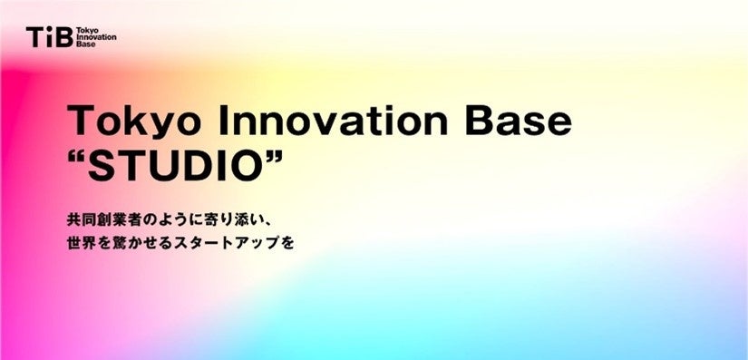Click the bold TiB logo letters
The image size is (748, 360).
(x=50, y=36)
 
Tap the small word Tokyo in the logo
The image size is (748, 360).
(x=84, y=31)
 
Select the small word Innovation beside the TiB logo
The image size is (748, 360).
(x=96, y=37)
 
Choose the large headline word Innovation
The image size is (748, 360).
(x=333, y=121)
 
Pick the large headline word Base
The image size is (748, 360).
(x=518, y=121)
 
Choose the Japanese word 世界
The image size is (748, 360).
(x=82, y=244)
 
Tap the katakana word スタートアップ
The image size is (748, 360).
(x=227, y=244)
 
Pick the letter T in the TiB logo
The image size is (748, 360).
(x=35, y=37)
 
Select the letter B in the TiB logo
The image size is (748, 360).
(x=64, y=37)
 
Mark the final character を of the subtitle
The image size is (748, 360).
(x=287, y=244)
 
